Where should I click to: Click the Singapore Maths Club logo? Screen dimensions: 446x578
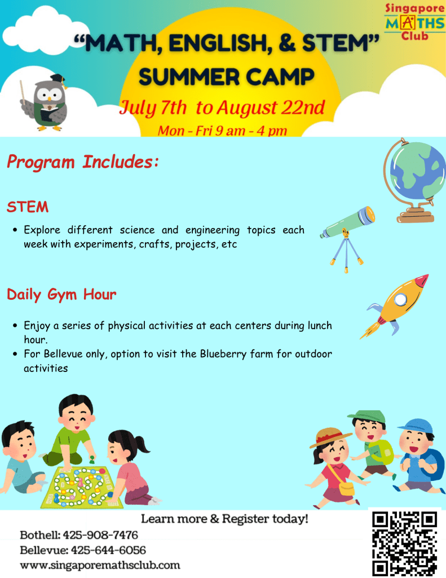click(x=414, y=22)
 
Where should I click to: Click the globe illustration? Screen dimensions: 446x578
click(x=414, y=180)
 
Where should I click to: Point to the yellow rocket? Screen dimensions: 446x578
click(x=395, y=305)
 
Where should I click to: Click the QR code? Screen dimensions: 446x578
click(x=404, y=544)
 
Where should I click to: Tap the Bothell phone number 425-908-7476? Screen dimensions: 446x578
click(x=100, y=535)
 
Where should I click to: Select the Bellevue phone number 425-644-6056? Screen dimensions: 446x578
click(x=108, y=550)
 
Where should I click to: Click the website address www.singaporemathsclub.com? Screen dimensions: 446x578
click(x=100, y=565)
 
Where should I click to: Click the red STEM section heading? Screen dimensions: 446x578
click(x=28, y=207)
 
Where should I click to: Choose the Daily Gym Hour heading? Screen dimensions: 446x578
click(x=61, y=295)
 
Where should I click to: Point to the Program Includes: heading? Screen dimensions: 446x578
click(x=83, y=162)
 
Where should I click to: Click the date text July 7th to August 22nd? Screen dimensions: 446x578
click(x=222, y=108)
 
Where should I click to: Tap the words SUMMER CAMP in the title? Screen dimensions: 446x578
click(x=227, y=77)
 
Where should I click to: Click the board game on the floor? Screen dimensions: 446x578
click(x=81, y=487)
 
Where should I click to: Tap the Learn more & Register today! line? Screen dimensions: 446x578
click(x=224, y=519)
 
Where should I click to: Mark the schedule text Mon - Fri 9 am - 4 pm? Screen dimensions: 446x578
click(x=222, y=130)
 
